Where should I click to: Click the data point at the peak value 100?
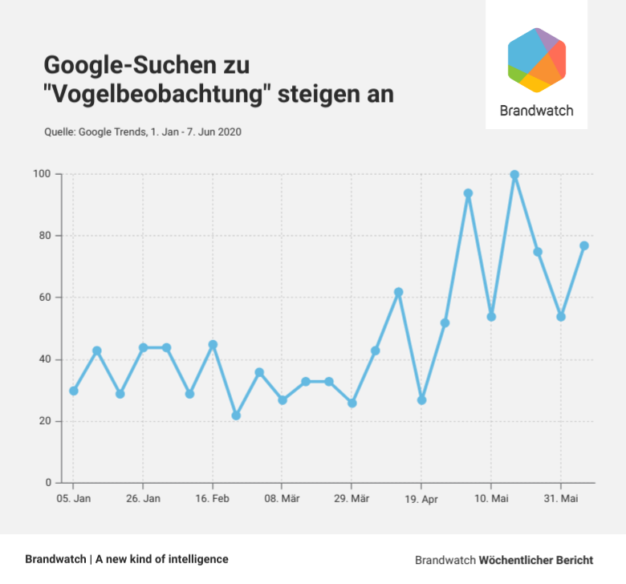click(x=514, y=175)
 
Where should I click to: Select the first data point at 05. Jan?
click(x=74, y=391)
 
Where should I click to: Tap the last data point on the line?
click(x=584, y=245)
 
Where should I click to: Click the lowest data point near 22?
click(x=236, y=416)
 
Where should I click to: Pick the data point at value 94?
click(x=468, y=193)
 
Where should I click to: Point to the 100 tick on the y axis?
click(x=42, y=174)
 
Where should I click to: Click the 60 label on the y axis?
click(x=45, y=298)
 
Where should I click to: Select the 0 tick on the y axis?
click(x=48, y=483)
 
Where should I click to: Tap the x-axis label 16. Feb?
click(x=213, y=499)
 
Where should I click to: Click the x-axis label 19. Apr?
click(x=421, y=499)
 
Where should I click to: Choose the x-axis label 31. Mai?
click(x=560, y=499)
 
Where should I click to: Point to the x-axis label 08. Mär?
click(x=282, y=499)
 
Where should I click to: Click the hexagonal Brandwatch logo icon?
click(x=537, y=60)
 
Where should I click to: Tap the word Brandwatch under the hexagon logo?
click(x=536, y=111)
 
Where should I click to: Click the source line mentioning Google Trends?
click(x=142, y=132)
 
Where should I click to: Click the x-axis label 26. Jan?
click(x=143, y=499)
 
